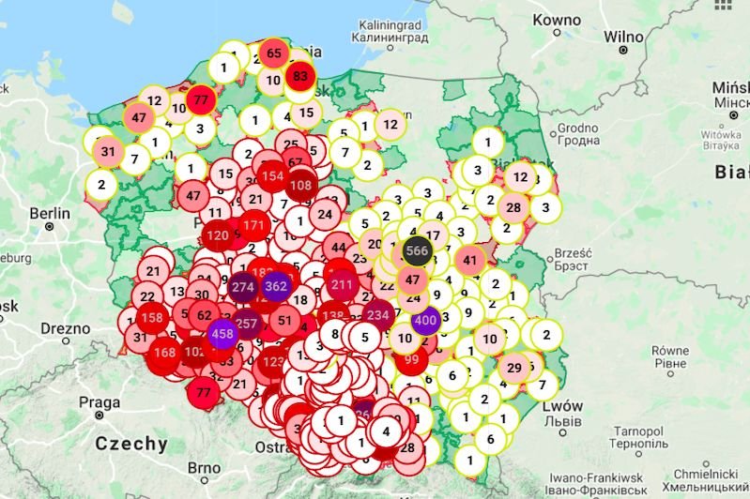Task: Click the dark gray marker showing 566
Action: [418, 250]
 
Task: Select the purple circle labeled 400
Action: [426, 320]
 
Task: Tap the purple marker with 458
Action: [223, 334]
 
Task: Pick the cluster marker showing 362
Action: [277, 286]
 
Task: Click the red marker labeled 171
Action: [253, 226]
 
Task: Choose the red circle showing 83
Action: [300, 77]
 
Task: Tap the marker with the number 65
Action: [274, 53]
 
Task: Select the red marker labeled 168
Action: [165, 354]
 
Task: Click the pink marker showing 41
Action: [470, 261]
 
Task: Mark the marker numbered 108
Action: [301, 186]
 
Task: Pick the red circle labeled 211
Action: [342, 284]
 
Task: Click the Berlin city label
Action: [50, 214]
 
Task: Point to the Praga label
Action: [99, 402]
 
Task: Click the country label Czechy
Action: [131, 444]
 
